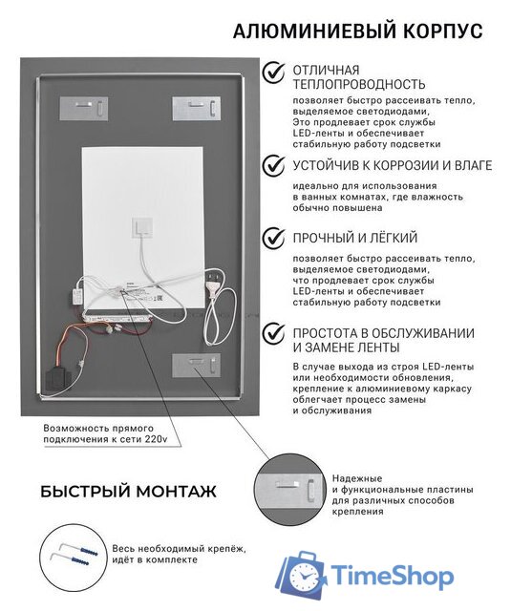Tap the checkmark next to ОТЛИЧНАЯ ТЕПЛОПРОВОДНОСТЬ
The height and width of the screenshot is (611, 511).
tap(275, 72)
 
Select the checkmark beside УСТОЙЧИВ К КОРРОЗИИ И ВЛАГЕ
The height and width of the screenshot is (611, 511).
tap(275, 165)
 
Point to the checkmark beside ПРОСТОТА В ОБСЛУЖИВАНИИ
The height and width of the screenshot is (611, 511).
tap(275, 333)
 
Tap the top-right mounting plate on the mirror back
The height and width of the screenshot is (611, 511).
tap(195, 108)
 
